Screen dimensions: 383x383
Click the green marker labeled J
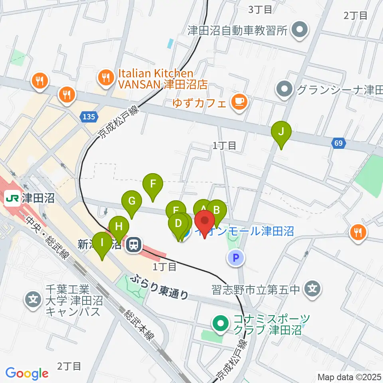[x=281, y=133]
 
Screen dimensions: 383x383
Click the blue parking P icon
[x=236, y=258]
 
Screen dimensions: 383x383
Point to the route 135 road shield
[x=89, y=117]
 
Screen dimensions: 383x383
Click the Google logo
[x=27, y=373]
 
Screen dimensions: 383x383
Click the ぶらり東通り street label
[x=161, y=286]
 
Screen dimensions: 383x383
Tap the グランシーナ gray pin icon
[x=284, y=89]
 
